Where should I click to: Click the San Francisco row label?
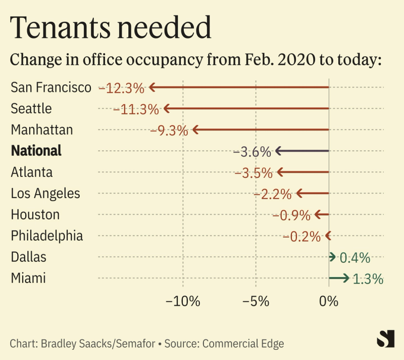(x=51, y=87)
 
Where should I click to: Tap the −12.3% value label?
(x=122, y=88)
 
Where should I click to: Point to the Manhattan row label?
(x=42, y=130)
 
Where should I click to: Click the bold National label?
(x=36, y=151)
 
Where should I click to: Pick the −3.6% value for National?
(x=252, y=152)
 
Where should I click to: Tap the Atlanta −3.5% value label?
(x=254, y=173)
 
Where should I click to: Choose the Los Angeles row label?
(x=45, y=193)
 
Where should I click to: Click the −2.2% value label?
(x=273, y=194)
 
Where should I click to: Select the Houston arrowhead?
(x=317, y=215)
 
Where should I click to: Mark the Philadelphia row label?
(x=47, y=236)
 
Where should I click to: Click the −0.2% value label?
(x=302, y=236)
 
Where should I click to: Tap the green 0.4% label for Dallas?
(x=355, y=258)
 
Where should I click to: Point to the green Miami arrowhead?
(x=346, y=278)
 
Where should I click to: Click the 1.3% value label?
(x=368, y=279)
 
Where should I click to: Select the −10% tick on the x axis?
(x=183, y=302)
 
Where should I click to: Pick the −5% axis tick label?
(x=256, y=302)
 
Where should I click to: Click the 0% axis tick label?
(x=329, y=302)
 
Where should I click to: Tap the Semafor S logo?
(x=385, y=339)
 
